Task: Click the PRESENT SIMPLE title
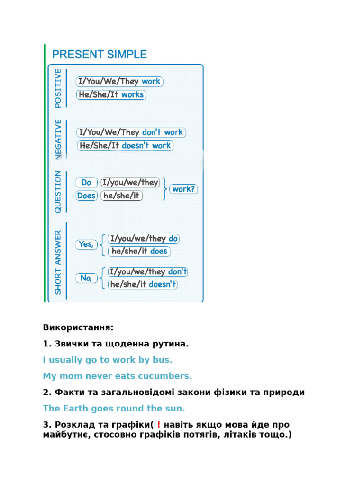(x=100, y=55)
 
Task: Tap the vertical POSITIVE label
(x=58, y=88)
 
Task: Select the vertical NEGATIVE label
(x=58, y=139)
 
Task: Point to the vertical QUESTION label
(x=58, y=192)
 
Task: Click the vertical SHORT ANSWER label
(x=58, y=262)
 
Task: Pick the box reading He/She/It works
(x=111, y=94)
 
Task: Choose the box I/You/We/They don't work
(x=131, y=132)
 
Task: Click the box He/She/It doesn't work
(x=125, y=145)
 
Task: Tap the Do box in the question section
(x=86, y=183)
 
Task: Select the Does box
(x=86, y=196)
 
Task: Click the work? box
(x=184, y=189)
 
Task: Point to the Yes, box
(x=86, y=244)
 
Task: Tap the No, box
(x=86, y=278)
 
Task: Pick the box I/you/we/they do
(x=144, y=239)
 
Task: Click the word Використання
(x=78, y=327)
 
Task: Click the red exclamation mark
(x=159, y=424)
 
